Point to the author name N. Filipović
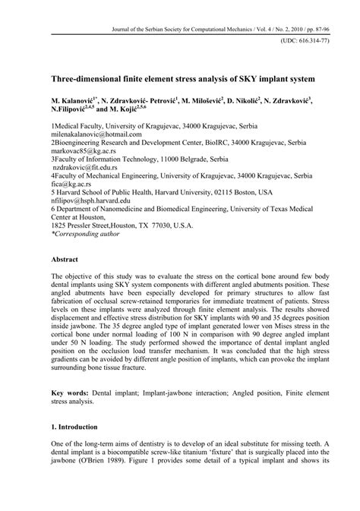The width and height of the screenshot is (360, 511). click(x=73, y=109)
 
